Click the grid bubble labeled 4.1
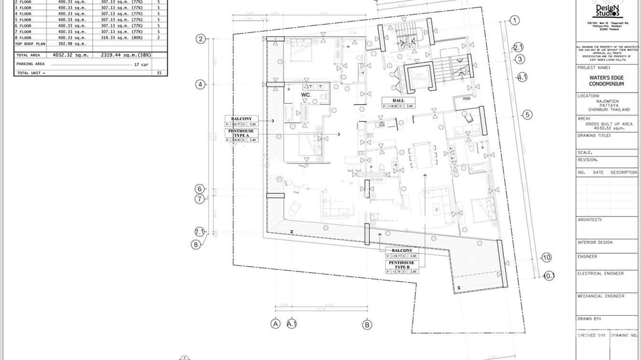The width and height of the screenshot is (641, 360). [523, 77]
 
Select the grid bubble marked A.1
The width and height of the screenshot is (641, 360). [292, 324]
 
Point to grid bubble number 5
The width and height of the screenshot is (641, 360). [527, 115]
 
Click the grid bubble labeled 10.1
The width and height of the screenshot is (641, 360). [549, 276]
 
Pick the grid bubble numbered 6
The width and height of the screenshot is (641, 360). [200, 189]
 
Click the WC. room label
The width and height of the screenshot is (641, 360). [306, 95]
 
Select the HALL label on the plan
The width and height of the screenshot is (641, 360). [398, 101]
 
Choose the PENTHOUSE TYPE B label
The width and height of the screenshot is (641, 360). [402, 265]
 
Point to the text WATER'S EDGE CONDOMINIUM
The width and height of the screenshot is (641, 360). [607, 81]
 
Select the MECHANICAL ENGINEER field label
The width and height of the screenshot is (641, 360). [601, 296]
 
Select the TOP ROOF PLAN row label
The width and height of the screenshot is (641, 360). [30, 44]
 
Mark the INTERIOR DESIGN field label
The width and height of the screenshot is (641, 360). [595, 243]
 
